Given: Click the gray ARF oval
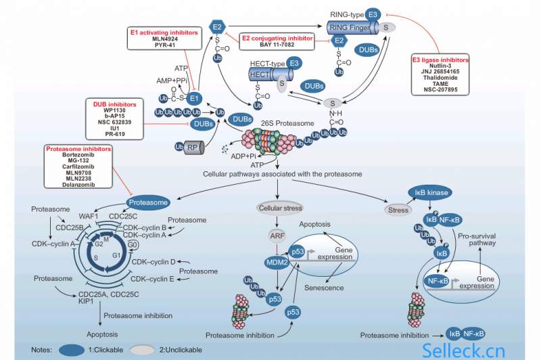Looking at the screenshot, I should pyautogui.click(x=278, y=235).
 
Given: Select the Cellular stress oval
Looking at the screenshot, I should pyautogui.click(x=279, y=207).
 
